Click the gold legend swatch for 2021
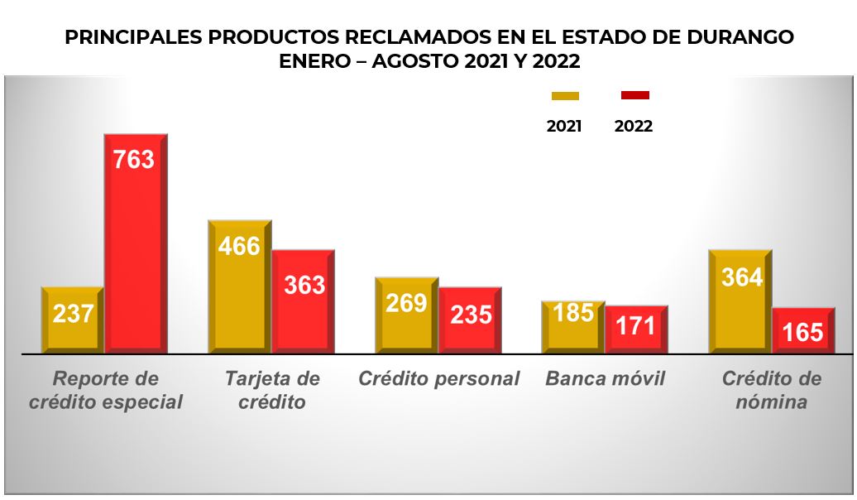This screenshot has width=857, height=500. pos(565,96)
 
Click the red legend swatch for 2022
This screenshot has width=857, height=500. pos(634,95)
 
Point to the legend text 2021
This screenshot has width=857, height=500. pos(564,127)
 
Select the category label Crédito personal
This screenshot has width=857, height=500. pos(438,379)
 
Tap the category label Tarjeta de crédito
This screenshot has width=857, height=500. pos(272,391)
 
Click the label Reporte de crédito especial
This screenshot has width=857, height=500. pos(105,391)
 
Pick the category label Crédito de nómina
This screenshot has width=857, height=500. pos(772,391)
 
